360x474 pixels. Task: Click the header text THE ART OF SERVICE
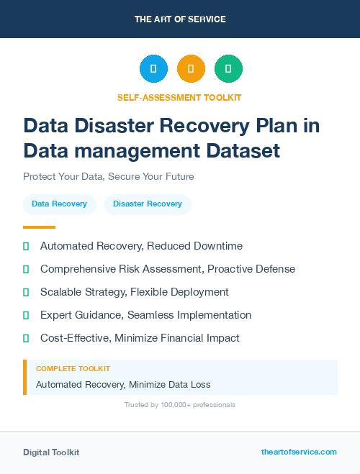click(x=180, y=19)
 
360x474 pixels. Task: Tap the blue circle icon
click(x=153, y=69)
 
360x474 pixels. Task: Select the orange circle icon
click(x=191, y=69)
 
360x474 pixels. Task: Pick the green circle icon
click(x=228, y=69)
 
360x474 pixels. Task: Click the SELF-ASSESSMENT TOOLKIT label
click(x=179, y=97)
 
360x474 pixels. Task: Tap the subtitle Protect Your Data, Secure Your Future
click(x=109, y=176)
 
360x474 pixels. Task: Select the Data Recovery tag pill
click(x=59, y=204)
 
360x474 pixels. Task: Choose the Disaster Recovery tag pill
click(x=148, y=204)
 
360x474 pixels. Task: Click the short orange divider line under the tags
click(x=39, y=227)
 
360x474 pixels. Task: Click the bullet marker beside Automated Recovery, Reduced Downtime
click(x=26, y=246)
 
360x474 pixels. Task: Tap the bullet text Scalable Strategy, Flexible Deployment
click(x=135, y=292)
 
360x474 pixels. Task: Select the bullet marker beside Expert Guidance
click(x=26, y=315)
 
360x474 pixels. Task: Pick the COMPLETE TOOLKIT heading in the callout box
click(x=73, y=368)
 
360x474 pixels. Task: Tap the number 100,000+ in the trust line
click(x=170, y=405)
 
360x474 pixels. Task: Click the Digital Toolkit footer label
click(x=51, y=452)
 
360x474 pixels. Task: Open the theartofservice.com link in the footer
click(x=299, y=452)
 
